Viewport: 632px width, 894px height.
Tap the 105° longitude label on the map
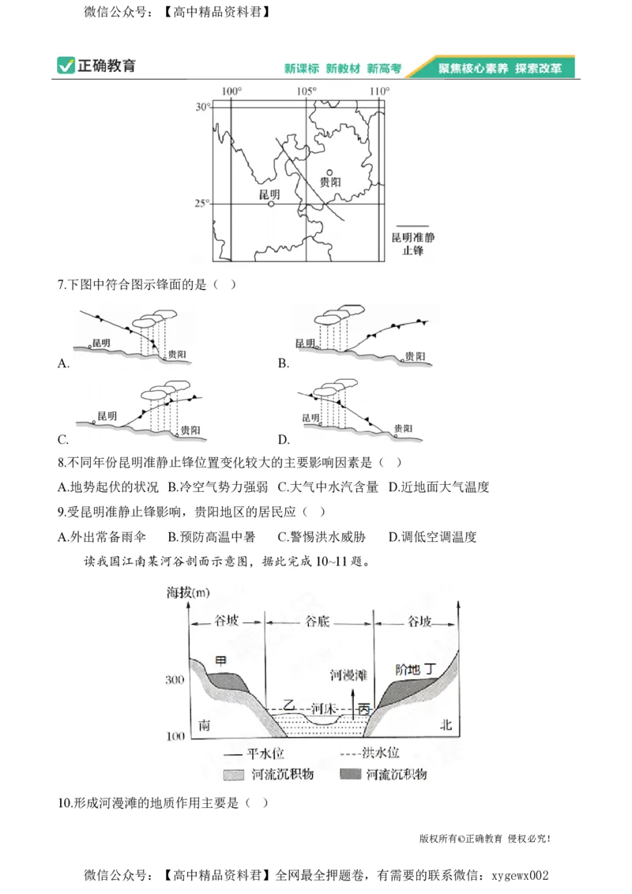(x=307, y=92)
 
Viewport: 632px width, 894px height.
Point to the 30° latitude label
(x=202, y=107)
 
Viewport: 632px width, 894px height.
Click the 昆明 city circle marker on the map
(x=271, y=204)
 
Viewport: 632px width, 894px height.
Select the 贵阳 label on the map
(x=330, y=182)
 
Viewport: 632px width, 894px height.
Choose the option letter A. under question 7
(x=64, y=363)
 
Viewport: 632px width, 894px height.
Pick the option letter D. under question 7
(x=284, y=439)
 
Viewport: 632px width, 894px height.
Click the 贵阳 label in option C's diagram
(x=190, y=430)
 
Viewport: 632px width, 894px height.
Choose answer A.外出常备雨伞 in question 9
(x=103, y=538)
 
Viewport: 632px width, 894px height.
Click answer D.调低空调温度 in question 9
(x=433, y=538)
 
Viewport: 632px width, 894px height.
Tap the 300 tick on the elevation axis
(x=175, y=679)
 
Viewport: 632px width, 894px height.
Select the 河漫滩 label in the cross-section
(x=348, y=675)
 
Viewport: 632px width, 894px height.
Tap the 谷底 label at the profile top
(x=318, y=622)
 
